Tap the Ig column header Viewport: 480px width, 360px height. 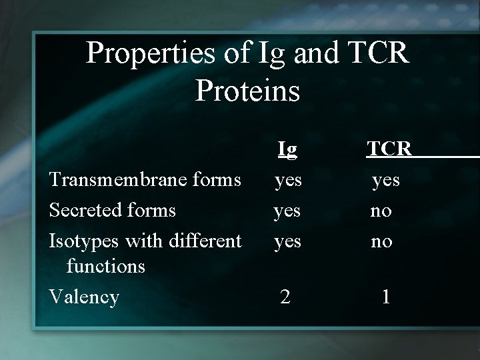[287, 149]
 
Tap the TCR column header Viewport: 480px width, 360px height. [389, 149]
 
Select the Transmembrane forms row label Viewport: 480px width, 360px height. [145, 179]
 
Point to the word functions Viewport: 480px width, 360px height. [105, 266]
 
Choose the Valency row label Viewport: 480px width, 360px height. [85, 297]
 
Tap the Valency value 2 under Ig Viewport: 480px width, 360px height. [285, 297]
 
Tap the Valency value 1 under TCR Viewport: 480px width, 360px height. [385, 297]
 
